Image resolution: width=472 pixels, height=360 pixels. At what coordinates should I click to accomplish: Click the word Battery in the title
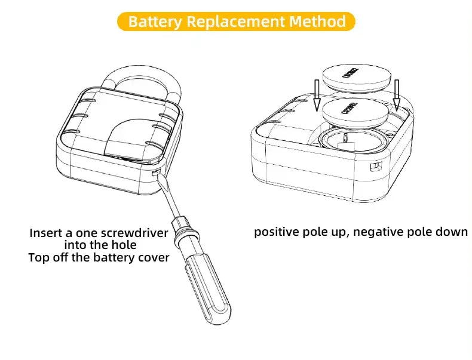coord(155,22)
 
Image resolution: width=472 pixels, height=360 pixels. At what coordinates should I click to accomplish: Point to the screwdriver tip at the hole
coord(157,174)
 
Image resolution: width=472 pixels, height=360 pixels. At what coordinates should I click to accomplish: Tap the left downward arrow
coord(317,93)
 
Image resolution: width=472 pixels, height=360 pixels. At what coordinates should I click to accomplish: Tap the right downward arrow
coord(396,93)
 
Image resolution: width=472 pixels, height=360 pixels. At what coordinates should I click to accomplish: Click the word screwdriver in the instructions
coord(134,233)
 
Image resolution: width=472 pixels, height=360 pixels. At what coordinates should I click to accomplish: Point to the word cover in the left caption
coord(152,258)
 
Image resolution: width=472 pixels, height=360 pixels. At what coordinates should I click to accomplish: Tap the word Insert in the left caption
coord(45,233)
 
